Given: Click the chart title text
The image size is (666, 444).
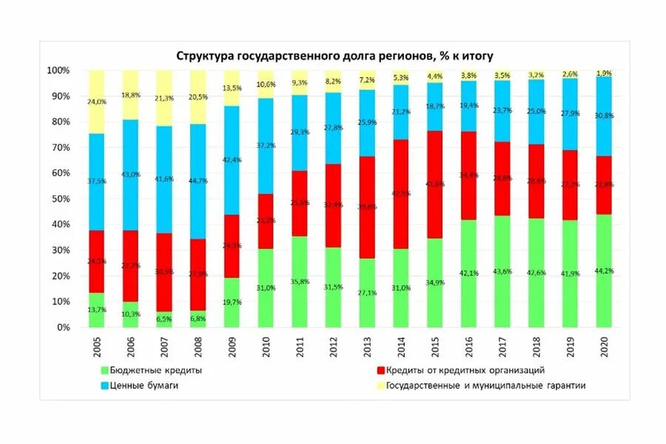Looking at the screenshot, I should point(334,55).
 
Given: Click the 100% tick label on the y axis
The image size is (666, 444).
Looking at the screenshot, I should point(58,70).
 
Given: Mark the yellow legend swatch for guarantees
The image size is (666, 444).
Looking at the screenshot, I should point(381,385).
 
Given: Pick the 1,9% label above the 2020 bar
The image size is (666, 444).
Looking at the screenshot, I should point(604,73).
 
